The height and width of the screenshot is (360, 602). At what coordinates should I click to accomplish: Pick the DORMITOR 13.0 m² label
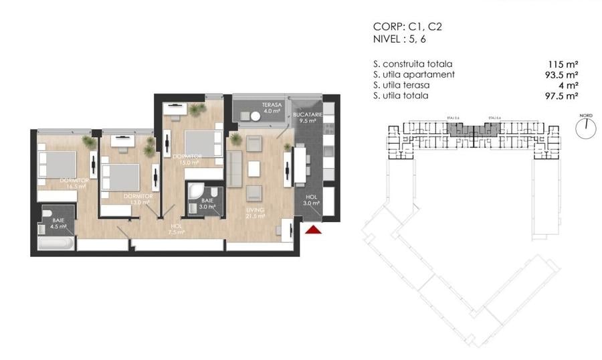pyautogui.click(x=137, y=199)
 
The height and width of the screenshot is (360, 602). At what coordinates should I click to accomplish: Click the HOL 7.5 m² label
pyautogui.click(x=177, y=230)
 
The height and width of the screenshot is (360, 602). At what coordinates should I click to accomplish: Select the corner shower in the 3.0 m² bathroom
pyautogui.click(x=195, y=192)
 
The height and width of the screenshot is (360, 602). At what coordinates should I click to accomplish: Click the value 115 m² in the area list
pyautogui.click(x=563, y=64)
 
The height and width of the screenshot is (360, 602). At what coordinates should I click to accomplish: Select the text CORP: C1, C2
pyautogui.click(x=407, y=27)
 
